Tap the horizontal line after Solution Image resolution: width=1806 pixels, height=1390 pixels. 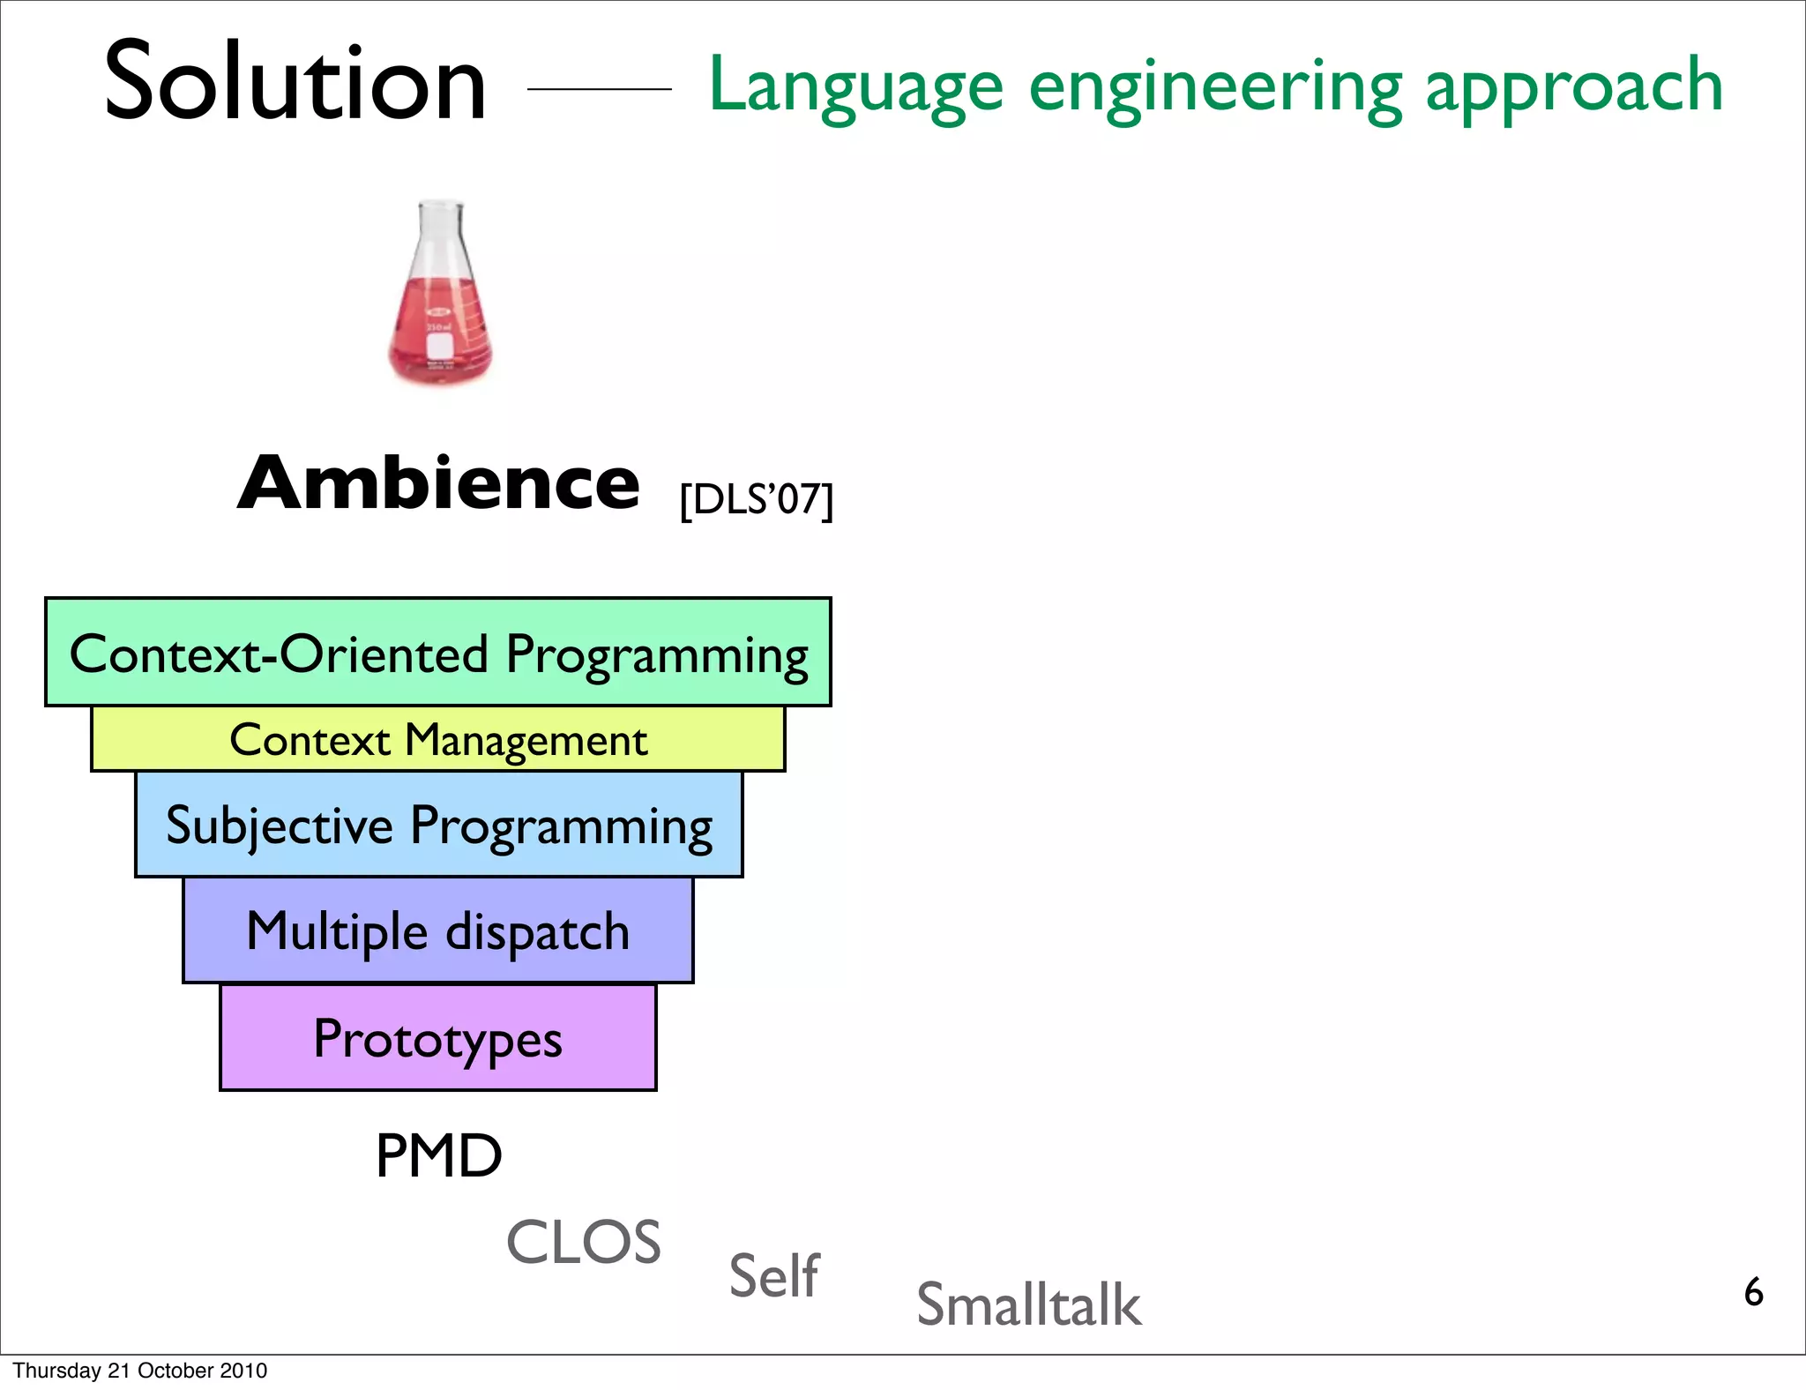tap(599, 89)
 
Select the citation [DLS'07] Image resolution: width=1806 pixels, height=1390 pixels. tap(756, 500)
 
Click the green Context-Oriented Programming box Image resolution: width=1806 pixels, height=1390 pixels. tap(438, 653)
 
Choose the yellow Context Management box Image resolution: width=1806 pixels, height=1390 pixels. tap(438, 739)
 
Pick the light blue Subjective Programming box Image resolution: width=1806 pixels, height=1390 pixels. tap(438, 825)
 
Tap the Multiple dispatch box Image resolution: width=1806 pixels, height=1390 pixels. tap(438, 930)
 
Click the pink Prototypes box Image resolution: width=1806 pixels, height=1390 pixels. tap(438, 1038)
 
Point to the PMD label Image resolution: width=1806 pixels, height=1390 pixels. tap(438, 1155)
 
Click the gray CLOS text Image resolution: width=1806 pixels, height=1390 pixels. tap(583, 1242)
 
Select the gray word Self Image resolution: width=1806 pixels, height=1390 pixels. tap(773, 1275)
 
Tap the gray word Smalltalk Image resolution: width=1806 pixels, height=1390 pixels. tap(1028, 1304)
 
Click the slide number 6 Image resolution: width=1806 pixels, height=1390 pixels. tap(1753, 1292)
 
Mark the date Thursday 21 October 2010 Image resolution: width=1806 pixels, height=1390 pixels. tap(140, 1371)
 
